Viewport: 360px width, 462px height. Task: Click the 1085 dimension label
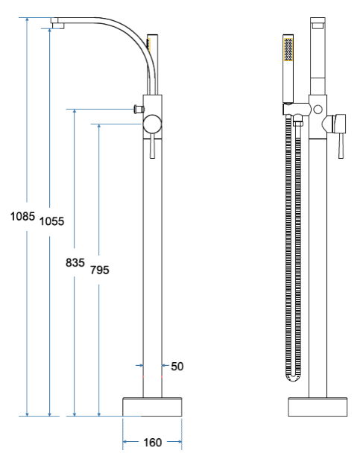[x=22, y=217]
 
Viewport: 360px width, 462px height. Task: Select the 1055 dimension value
[x=52, y=221]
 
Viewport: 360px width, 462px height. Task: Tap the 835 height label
[x=75, y=262]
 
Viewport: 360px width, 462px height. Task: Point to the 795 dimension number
[x=100, y=270]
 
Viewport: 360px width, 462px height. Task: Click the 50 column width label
[x=177, y=367]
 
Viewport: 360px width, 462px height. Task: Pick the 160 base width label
[x=152, y=443]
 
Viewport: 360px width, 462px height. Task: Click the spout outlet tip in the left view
[x=58, y=26]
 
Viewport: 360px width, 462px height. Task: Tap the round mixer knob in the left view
[x=152, y=124]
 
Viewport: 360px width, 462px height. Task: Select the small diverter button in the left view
[x=139, y=109]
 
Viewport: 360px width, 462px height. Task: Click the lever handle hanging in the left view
[x=152, y=148]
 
